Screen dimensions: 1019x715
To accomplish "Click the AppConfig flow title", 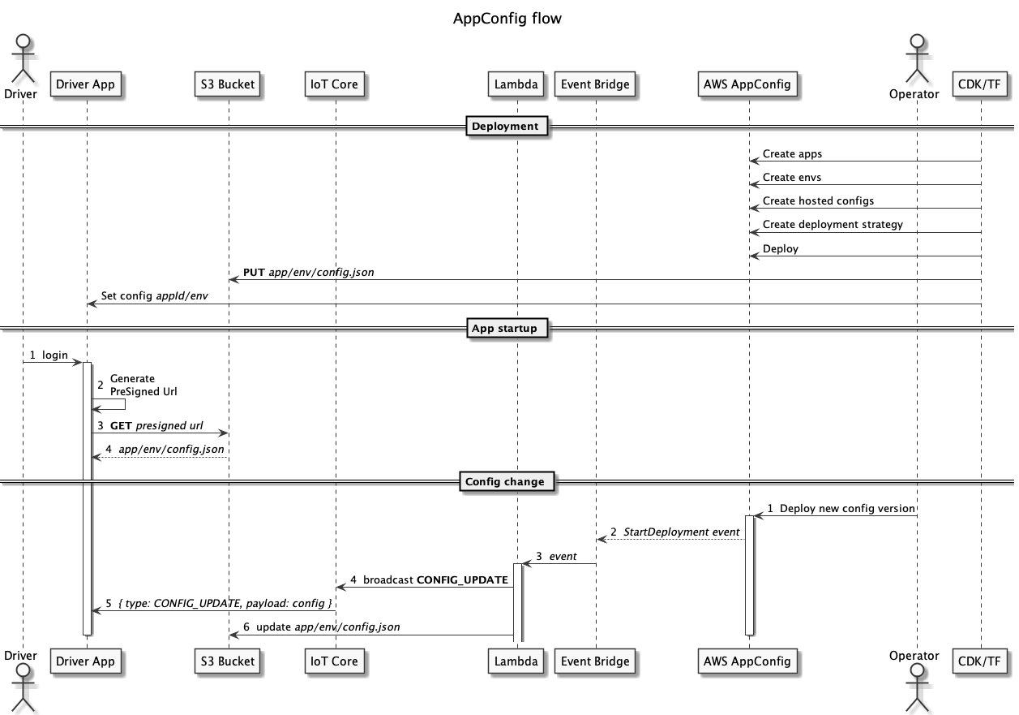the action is pyautogui.click(x=507, y=19).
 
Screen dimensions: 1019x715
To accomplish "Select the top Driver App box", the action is pyautogui.click(x=85, y=84).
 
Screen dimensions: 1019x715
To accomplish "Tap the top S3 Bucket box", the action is pyautogui.click(x=228, y=84).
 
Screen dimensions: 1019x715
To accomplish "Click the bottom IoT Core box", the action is pyautogui.click(x=334, y=661).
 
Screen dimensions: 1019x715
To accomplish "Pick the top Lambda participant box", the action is pyautogui.click(x=516, y=84).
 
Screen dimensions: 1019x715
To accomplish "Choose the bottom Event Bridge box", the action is pyautogui.click(x=595, y=661).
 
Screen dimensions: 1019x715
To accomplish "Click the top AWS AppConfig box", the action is pyautogui.click(x=747, y=84).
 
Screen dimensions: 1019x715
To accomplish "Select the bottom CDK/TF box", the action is pyautogui.click(x=979, y=661).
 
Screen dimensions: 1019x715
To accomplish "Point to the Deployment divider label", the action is pyautogui.click(x=505, y=126).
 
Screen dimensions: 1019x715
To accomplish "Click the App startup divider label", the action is pyautogui.click(x=504, y=329).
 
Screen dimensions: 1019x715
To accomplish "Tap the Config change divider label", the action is pyautogui.click(x=504, y=481).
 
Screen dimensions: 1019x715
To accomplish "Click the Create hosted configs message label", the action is pyautogui.click(x=818, y=200).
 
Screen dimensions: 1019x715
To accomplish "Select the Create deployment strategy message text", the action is pyautogui.click(x=833, y=225).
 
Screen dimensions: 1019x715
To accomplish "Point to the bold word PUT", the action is pyautogui.click(x=254, y=273).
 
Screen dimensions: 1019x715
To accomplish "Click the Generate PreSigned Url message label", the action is pyautogui.click(x=143, y=385).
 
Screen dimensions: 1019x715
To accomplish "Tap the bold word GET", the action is pyautogui.click(x=121, y=426).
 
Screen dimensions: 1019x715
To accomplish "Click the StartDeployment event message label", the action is pyautogui.click(x=681, y=532).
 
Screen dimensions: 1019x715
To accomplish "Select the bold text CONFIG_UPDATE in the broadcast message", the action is pyautogui.click(x=462, y=579).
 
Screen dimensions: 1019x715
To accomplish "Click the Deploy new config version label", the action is pyautogui.click(x=847, y=509).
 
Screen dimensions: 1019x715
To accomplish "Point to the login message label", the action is pyautogui.click(x=55, y=355).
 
